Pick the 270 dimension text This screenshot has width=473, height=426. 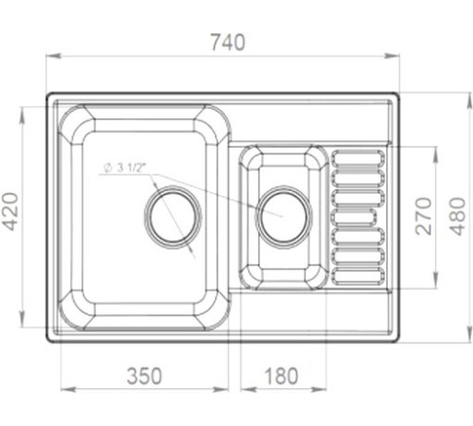tap(422, 216)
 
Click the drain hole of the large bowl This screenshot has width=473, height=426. tap(172, 213)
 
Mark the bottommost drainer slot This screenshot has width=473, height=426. tap(359, 275)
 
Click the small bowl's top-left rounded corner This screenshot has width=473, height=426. tap(251, 157)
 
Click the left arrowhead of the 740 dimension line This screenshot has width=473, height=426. tap(51, 57)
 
